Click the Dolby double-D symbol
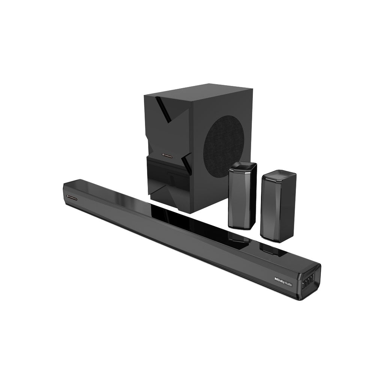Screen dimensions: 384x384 tap(276, 279)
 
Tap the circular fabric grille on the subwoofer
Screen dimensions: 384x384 tap(223, 144)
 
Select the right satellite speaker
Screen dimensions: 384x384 tap(278, 206)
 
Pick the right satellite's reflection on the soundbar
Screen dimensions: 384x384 tap(273, 249)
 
